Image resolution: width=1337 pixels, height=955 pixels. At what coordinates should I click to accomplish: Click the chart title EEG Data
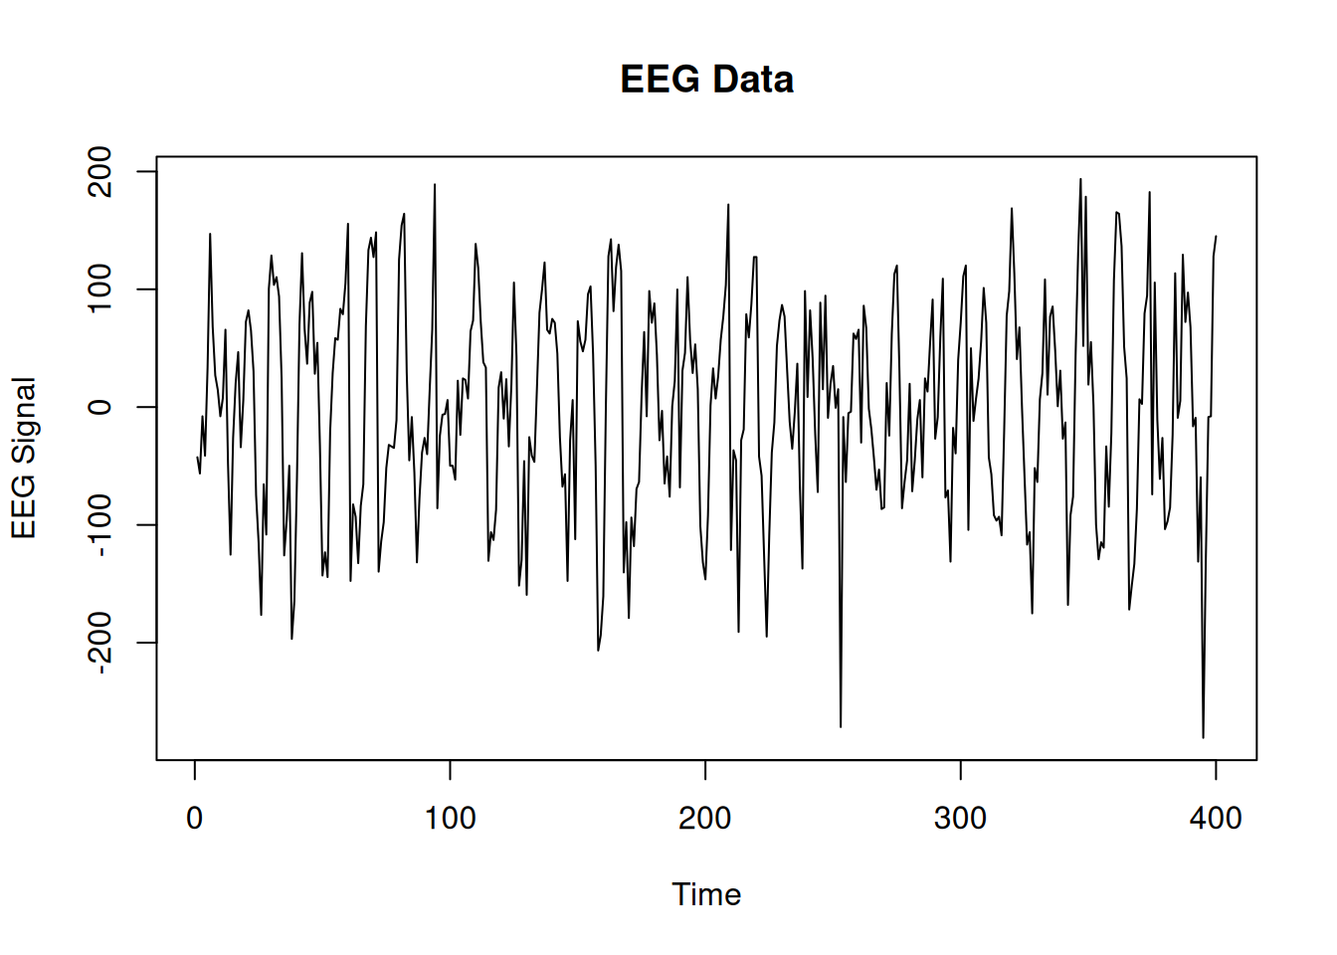(706, 80)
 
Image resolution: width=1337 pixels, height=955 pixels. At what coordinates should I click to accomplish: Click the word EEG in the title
(660, 80)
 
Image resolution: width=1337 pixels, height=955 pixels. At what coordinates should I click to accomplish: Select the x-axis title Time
(706, 894)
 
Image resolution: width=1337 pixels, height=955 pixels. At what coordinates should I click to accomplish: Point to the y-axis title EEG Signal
(24, 459)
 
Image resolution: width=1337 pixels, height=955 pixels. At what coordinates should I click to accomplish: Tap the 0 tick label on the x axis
(195, 819)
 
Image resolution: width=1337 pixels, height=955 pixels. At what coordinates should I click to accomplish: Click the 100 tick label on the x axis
(450, 819)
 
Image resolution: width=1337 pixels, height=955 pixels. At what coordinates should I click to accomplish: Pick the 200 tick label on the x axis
(705, 819)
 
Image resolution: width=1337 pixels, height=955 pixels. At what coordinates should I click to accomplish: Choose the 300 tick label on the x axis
(960, 819)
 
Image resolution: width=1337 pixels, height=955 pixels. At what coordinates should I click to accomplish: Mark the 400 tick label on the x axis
(1216, 819)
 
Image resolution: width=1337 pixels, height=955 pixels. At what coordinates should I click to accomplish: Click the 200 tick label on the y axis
(100, 171)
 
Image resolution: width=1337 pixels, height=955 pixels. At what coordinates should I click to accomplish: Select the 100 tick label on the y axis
(100, 289)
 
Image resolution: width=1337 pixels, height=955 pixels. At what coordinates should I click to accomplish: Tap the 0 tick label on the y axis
(100, 407)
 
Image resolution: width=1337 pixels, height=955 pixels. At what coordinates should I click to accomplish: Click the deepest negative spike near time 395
(1203, 737)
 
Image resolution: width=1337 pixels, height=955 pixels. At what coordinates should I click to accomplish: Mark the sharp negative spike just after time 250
(841, 726)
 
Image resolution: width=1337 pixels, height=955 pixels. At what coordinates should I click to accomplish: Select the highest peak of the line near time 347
(1080, 180)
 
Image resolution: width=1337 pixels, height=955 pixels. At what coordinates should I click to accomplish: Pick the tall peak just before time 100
(435, 185)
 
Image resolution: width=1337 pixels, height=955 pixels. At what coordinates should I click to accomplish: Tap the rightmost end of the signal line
(1216, 237)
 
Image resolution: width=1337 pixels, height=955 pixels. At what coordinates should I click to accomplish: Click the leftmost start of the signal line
(197, 457)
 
